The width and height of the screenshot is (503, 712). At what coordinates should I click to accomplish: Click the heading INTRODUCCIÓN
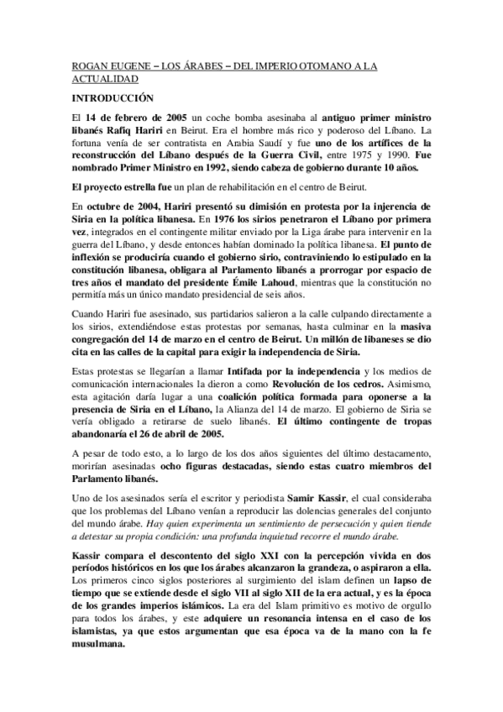coord(108,98)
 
